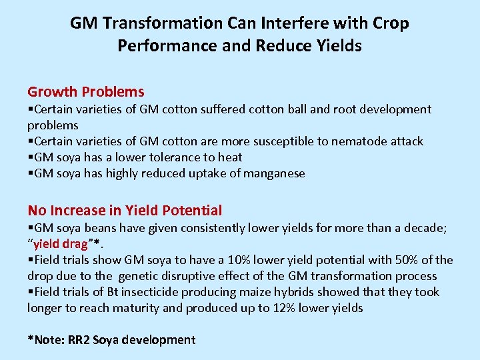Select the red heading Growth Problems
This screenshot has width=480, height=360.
[85, 91]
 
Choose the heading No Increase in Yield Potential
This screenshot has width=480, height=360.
[125, 211]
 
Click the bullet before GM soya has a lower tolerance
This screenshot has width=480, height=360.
[30, 157]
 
